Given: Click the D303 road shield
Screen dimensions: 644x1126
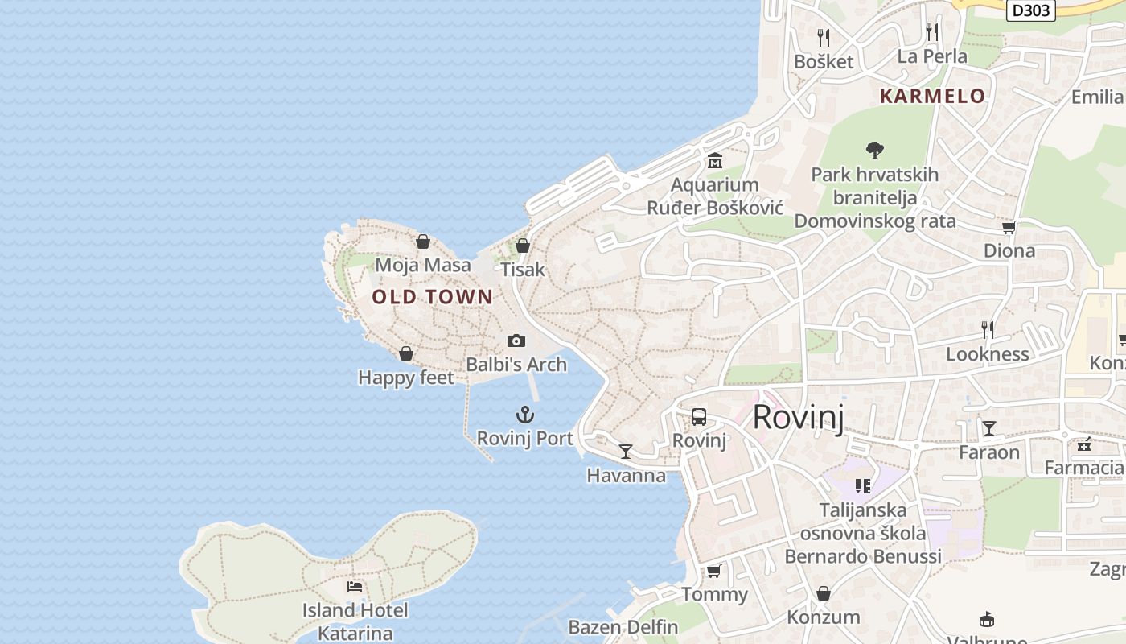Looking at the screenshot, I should coord(1030,10).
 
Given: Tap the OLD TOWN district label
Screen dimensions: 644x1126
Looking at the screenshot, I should coord(432,297).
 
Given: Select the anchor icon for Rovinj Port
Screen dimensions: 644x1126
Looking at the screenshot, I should coord(524,415).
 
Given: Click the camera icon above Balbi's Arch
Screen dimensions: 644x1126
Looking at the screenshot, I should coord(516,341).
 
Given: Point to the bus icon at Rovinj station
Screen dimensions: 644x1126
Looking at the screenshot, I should coord(698,417).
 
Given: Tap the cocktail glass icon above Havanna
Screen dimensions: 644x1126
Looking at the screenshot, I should coord(626,451).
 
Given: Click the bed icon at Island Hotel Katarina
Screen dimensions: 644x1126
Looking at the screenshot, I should coord(354,587).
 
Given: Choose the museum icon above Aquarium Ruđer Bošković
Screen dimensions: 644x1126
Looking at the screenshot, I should coord(714,161).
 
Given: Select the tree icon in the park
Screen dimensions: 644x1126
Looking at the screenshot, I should coord(875,150).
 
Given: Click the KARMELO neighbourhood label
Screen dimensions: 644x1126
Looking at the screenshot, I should coord(932,97).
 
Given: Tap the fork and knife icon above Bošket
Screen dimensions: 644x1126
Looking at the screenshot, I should coord(823,37).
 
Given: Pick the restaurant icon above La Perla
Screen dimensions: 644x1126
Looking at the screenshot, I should coord(931,32).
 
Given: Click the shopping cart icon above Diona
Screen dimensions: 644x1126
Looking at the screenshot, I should coord(1009,227).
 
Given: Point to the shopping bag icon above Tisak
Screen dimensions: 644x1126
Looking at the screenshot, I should coord(523,246).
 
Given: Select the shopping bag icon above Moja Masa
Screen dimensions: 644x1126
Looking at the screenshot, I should coord(423,242).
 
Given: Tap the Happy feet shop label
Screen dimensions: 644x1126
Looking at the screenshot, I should coord(406,378).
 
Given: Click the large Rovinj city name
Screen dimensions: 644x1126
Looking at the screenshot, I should coord(798,418).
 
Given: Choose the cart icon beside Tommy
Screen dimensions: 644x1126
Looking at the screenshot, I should coord(713,572).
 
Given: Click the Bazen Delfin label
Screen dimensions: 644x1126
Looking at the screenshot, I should coord(623,627).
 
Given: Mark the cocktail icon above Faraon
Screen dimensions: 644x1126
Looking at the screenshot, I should coord(988,428).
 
